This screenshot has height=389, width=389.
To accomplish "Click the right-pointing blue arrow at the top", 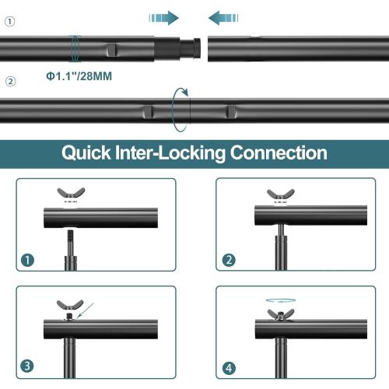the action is point(164,18).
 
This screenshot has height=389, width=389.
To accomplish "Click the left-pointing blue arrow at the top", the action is point(223,18).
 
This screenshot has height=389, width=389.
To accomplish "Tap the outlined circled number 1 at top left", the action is point(10,21).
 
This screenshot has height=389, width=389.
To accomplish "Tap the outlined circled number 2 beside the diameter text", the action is point(10,82).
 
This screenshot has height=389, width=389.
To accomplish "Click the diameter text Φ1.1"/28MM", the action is point(79,76).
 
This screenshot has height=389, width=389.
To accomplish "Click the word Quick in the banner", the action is point(86,153).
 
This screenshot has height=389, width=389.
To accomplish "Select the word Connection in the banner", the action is point(279,152).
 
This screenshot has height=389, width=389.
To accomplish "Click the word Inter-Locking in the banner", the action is point(170,153).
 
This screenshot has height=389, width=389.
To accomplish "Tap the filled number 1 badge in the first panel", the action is point(27,260).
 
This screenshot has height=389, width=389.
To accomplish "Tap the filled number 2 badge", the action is point(229,260).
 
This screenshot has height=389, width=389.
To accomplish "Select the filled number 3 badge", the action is point(27,366).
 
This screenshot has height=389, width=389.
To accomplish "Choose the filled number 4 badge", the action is point(229,368).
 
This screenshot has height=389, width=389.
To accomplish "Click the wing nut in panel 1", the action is point(71,193).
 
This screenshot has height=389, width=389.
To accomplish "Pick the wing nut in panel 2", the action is point(281,194).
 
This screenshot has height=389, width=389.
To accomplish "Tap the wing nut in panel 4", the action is point(281,314).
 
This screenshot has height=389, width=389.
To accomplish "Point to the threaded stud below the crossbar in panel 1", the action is point(70,243).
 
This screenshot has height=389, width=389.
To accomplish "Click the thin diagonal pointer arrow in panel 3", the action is point(85,310).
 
